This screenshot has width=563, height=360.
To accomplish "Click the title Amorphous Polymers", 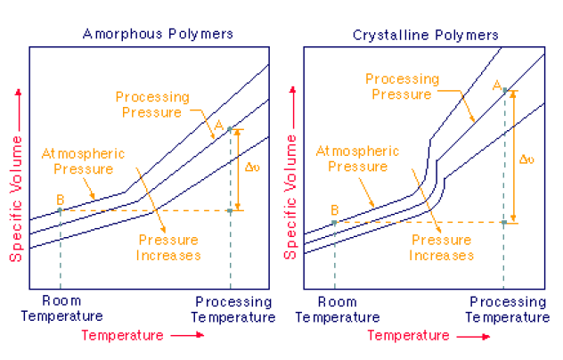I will coord(158,35).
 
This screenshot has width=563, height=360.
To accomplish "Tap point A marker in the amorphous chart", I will coord(230,129).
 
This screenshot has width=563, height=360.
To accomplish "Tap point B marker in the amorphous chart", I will coord(60,210).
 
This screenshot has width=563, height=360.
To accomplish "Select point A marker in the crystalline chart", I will coord(504,90).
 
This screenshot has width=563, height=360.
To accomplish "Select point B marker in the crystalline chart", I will coord(334,223).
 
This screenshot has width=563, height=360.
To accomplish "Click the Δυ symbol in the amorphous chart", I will coord(252,166).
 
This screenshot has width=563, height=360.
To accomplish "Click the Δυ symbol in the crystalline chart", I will coord(526,160).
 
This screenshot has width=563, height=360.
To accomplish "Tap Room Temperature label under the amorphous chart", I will coord(61,309).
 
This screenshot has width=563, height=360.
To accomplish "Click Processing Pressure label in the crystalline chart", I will coord(402,86).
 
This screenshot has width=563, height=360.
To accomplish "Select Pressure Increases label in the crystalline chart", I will coord(439,248).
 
